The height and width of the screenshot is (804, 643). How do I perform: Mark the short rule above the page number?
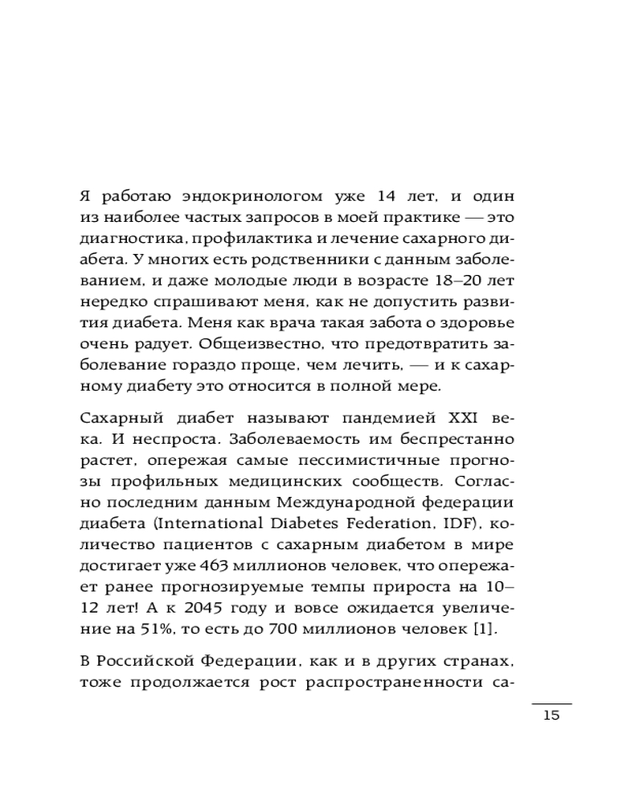point(551,703)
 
